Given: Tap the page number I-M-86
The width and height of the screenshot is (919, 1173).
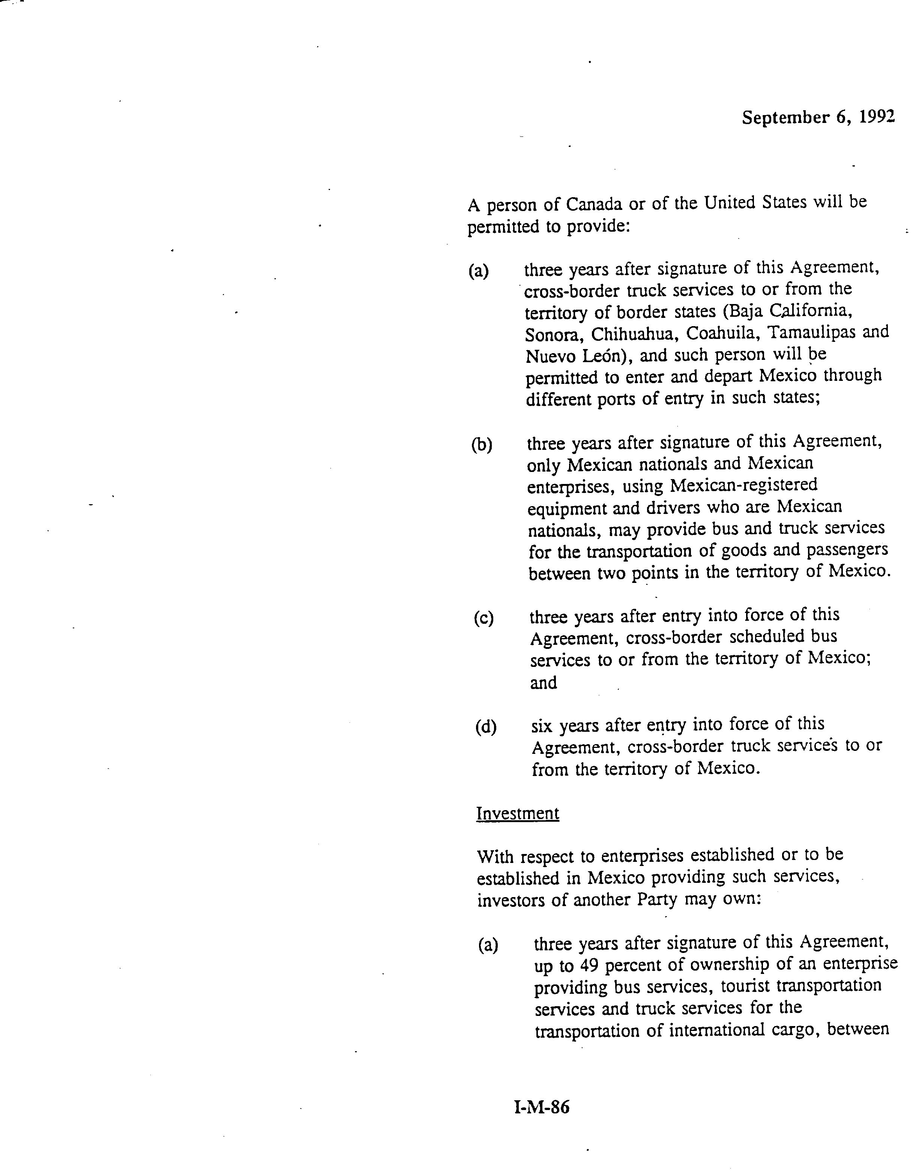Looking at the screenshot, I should pyautogui.click(x=542, y=1107).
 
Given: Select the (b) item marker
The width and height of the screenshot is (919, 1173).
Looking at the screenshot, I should pyautogui.click(x=482, y=445).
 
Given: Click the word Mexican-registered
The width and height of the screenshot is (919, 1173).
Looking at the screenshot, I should pyautogui.click(x=743, y=485).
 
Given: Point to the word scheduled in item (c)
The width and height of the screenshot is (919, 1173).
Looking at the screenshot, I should pyautogui.click(x=763, y=637).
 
